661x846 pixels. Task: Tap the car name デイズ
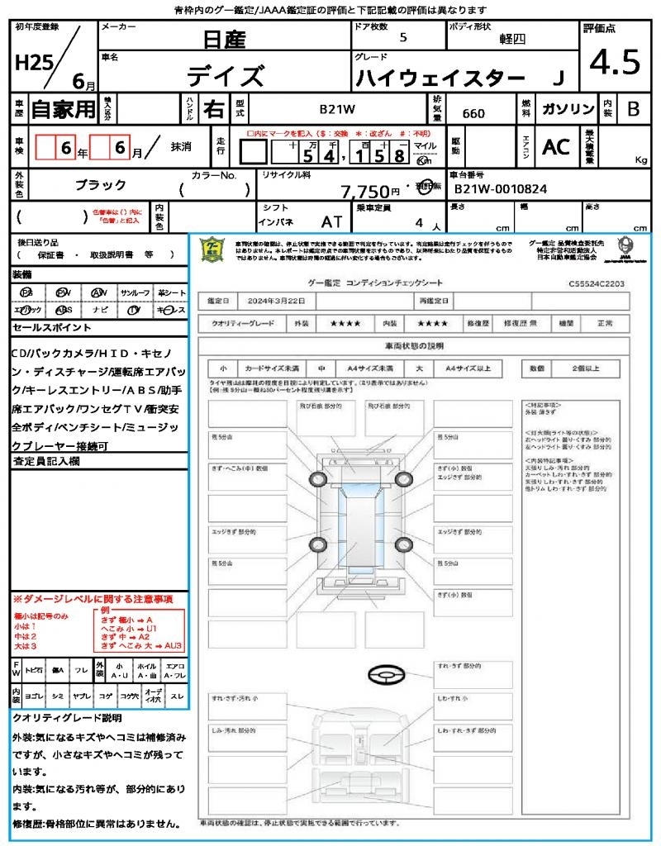(225, 76)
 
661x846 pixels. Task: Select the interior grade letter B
(632, 109)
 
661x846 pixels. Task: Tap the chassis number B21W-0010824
(499, 188)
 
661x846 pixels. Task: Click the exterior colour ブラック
(101, 185)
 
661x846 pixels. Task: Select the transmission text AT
(332, 222)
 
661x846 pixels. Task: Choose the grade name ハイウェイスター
(440, 78)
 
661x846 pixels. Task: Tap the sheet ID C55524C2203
(596, 283)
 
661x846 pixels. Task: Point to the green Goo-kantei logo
(212, 249)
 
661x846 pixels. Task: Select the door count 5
(402, 37)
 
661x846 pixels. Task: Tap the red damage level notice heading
(93, 598)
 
